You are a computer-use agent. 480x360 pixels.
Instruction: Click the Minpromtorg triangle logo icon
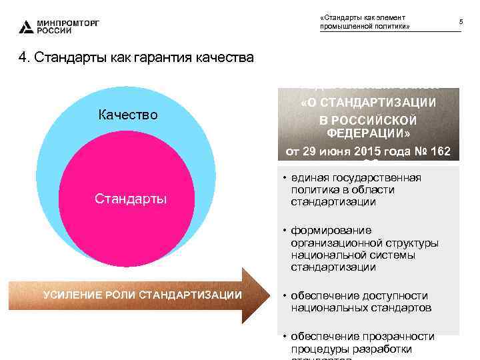pos(26,27)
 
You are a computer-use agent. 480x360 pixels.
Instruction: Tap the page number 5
pos(461,23)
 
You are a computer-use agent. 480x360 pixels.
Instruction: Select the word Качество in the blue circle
pos(128,115)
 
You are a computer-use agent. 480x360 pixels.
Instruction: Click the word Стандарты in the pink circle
pos(131,199)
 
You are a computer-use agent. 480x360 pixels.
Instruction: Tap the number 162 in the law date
pos(439,150)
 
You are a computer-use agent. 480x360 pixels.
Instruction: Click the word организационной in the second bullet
pos(331,243)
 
